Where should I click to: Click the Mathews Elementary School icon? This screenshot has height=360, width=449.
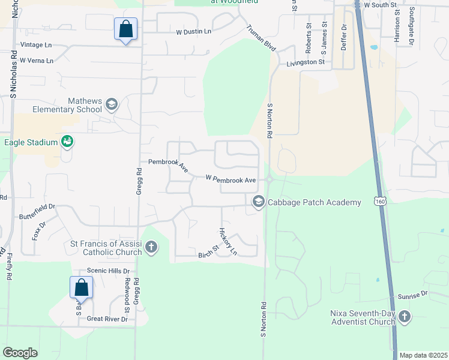coord(111,106)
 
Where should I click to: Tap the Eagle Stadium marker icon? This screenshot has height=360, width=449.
coord(68,142)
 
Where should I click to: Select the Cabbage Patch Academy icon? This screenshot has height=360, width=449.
coord(259,202)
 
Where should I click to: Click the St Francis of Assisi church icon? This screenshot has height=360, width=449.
coord(151,246)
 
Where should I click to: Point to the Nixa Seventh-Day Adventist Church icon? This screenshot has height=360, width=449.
coord(405,316)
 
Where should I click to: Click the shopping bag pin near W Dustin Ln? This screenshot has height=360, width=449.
coord(125,29)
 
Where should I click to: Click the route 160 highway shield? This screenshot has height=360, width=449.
coord(380,202)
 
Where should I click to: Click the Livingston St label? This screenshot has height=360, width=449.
coord(306,62)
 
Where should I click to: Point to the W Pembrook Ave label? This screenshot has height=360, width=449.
coord(231,179)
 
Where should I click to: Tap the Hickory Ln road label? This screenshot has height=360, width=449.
coord(228,241)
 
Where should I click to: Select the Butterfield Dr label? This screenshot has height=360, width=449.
coord(37,211)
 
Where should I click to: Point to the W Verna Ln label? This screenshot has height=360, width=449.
coord(36,61)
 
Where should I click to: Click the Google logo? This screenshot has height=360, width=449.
coord(20,352)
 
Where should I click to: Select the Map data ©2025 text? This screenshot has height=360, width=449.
coord(423,355)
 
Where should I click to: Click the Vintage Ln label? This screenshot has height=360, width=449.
coord(36,45)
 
